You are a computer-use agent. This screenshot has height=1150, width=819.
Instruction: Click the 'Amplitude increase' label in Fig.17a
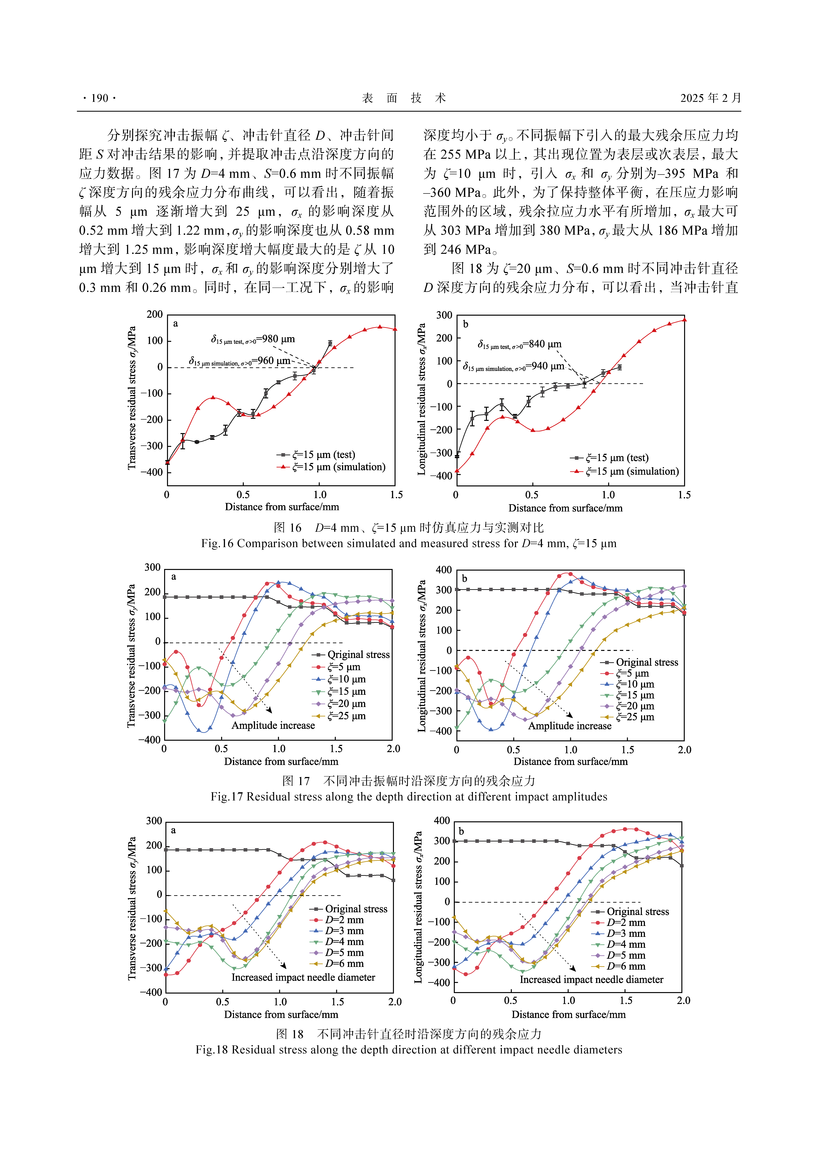(273, 725)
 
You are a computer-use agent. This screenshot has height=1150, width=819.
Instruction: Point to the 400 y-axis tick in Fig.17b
(444, 570)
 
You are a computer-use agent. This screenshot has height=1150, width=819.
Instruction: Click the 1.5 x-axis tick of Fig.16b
(684, 495)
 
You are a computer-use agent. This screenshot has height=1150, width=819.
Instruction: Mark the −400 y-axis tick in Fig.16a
(151, 473)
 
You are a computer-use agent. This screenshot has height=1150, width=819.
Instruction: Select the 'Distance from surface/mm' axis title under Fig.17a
(281, 761)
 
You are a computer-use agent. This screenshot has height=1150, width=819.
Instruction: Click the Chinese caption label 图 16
(287, 528)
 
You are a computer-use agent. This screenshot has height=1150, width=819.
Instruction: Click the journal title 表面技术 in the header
(404, 98)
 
